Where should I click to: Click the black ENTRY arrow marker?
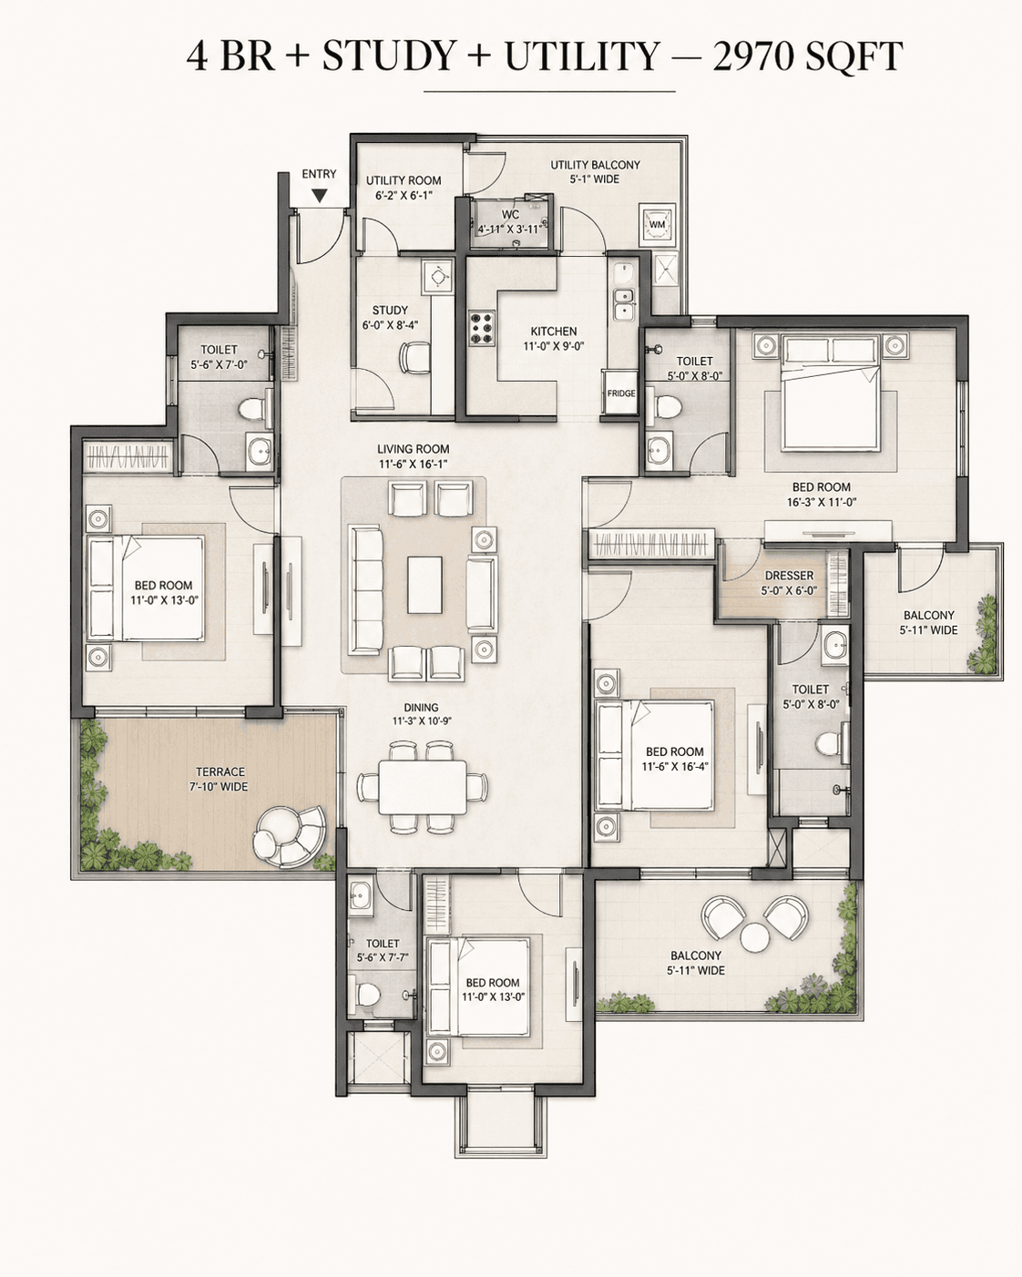320,195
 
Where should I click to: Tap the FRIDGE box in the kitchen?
620,393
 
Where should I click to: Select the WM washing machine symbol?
657,225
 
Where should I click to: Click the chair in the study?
415,358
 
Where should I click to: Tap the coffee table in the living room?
424,585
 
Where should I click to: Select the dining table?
423,788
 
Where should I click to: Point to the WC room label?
510,214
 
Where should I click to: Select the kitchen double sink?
623,303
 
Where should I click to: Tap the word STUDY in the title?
388,56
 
